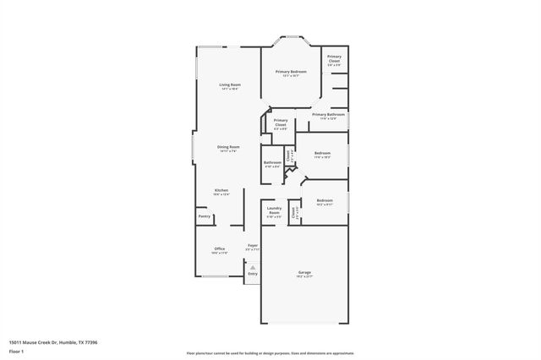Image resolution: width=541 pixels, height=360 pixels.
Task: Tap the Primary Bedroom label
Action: tap(291, 73)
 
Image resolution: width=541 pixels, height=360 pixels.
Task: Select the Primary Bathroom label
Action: tap(328, 115)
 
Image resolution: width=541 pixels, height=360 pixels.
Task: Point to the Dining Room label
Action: tap(228, 148)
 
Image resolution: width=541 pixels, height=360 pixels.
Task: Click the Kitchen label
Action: tap(221, 191)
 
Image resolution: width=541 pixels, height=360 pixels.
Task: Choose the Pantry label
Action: tap(205, 216)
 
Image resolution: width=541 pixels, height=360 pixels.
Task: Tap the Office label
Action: tap(219, 249)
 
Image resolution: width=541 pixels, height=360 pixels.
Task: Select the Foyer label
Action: tap(252, 246)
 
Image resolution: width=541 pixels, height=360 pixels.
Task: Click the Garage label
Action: tap(304, 273)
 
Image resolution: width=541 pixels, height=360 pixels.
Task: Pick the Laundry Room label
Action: tap(274, 210)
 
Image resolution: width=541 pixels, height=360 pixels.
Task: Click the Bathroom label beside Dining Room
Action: tap(272, 163)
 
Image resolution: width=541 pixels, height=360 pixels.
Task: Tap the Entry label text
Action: tap(252, 273)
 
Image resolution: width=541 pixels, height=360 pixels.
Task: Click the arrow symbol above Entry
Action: tap(251, 265)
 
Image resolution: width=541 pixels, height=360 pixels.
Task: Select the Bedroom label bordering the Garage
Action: tap(324, 201)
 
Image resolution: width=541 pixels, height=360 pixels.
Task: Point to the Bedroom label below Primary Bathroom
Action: tap(322, 154)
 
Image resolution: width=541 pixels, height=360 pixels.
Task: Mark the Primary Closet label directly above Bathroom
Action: tap(281, 123)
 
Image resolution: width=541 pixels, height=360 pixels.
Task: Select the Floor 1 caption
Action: tap(17, 351)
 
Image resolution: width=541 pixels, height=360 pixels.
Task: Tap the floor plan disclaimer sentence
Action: tap(270, 352)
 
